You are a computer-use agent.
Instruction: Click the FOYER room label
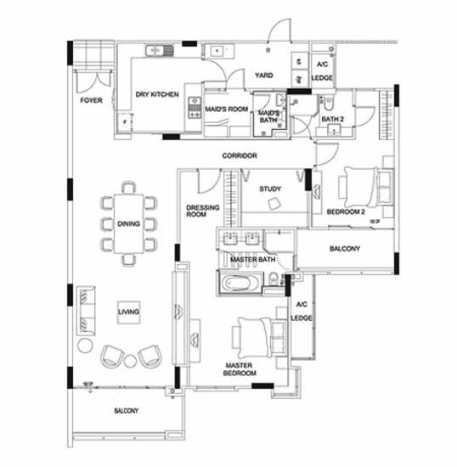pyautogui.click(x=91, y=100)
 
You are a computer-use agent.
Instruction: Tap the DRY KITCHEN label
pyautogui.click(x=157, y=94)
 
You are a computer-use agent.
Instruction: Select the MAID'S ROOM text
pyautogui.click(x=227, y=109)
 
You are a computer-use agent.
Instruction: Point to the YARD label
pyautogui.click(x=263, y=75)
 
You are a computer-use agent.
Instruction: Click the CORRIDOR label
pyautogui.click(x=240, y=155)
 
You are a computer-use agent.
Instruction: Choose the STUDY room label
pyautogui.click(x=270, y=188)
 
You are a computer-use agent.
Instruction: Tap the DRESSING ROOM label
pyautogui.click(x=202, y=211)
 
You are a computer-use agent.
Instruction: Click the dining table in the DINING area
pyautogui.click(x=129, y=223)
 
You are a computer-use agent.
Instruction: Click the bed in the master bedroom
pyautogui.click(x=260, y=337)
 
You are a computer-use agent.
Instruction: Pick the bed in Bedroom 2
pyautogui.click(x=366, y=187)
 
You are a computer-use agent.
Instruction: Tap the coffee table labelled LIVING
pyautogui.click(x=129, y=312)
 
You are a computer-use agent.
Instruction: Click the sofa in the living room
pyautogui.click(x=86, y=311)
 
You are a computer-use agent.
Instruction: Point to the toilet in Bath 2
pyautogui.click(x=328, y=103)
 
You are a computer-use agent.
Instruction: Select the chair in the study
pyautogui.click(x=274, y=205)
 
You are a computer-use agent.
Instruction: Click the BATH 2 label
pyautogui.click(x=332, y=119)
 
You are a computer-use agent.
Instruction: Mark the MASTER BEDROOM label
pyautogui.click(x=240, y=369)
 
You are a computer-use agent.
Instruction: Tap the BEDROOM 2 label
pyautogui.click(x=346, y=211)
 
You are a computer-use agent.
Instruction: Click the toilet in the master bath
pyautogui.click(x=274, y=279)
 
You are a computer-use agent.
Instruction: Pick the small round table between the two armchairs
pyautogui.click(x=130, y=361)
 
